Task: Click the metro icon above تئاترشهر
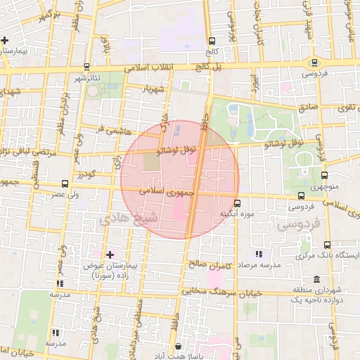click(86, 67)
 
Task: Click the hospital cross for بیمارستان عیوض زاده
click(109, 254)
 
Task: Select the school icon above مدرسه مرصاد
click(258, 253)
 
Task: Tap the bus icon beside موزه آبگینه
click(237, 203)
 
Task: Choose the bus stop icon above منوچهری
click(324, 176)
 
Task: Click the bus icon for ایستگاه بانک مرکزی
click(326, 245)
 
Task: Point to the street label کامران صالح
click(210, 264)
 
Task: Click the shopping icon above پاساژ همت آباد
click(179, 346)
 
